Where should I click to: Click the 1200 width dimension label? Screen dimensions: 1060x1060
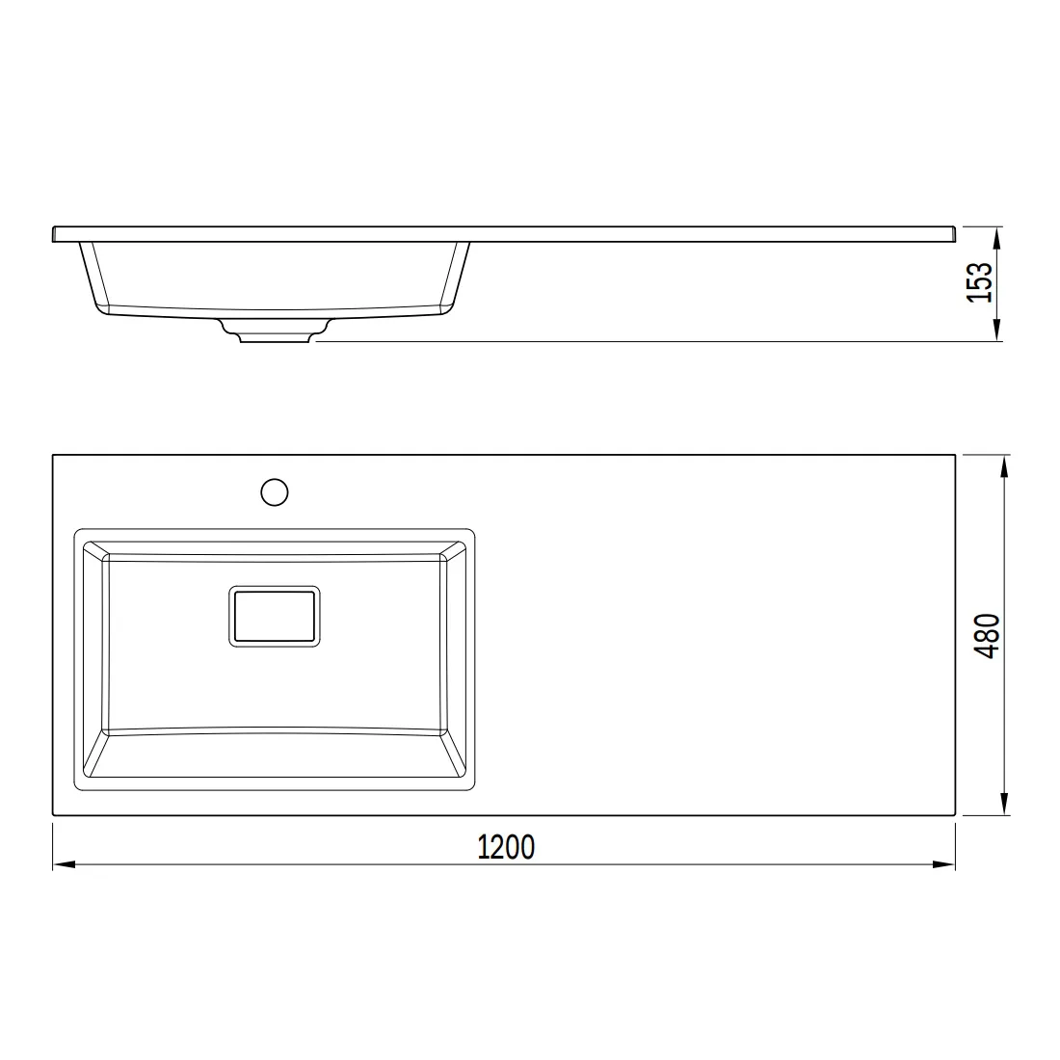pyautogui.click(x=506, y=847)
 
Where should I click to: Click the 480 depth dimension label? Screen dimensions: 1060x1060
pyautogui.click(x=988, y=635)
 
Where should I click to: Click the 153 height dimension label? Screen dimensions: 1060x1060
pyautogui.click(x=980, y=282)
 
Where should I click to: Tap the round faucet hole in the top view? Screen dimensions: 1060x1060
pyautogui.click(x=275, y=492)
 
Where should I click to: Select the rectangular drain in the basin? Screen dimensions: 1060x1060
pyautogui.click(x=275, y=616)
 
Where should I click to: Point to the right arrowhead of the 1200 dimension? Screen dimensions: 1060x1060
pyautogui.click(x=943, y=864)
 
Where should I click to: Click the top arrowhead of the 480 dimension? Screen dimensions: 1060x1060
pyautogui.click(x=1004, y=466)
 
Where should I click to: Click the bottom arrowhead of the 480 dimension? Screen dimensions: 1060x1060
pyautogui.click(x=1004, y=803)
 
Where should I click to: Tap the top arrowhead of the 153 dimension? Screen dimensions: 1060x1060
pyautogui.click(x=996, y=239)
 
